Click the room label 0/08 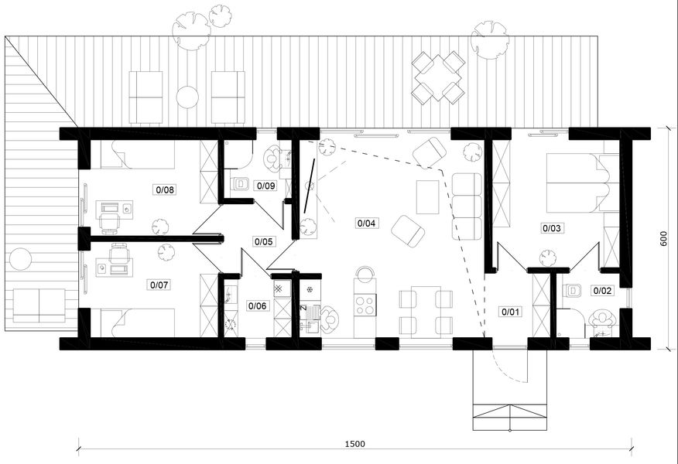click(x=165, y=189)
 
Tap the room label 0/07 click(x=159, y=285)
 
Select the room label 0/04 click(x=366, y=223)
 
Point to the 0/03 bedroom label click(x=552, y=227)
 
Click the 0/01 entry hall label click(x=511, y=312)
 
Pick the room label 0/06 click(x=257, y=306)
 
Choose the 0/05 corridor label click(x=264, y=241)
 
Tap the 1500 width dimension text click(x=355, y=444)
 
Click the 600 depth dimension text click(x=663, y=238)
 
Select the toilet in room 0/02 click(x=574, y=290)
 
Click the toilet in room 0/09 click(x=239, y=184)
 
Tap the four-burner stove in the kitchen click(x=365, y=305)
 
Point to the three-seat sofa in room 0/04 click(x=467, y=206)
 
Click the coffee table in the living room click(x=428, y=197)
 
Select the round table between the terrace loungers click(x=187, y=97)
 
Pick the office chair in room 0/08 click(x=110, y=220)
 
